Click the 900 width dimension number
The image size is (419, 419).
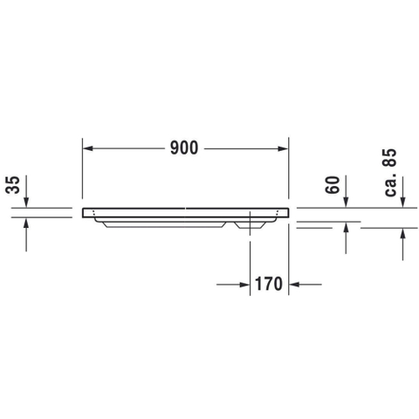point(184,148)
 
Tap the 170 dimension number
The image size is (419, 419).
point(269,284)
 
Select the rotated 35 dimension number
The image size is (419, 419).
point(13,185)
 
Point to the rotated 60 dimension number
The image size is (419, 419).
point(333,185)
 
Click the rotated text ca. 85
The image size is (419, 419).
point(390,173)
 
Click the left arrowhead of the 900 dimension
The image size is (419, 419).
point(88,148)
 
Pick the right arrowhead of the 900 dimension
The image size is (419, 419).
point(283,148)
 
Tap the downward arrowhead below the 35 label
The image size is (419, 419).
point(26,203)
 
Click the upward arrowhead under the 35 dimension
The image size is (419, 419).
point(26,223)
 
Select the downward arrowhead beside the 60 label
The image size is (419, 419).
point(346,203)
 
